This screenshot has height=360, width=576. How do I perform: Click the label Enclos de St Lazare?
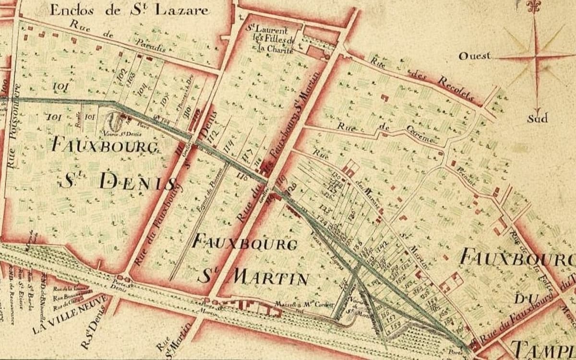tap(129, 10)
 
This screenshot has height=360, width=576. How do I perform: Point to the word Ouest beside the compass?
tap(475, 56)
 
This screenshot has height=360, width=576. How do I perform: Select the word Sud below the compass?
tap(537, 118)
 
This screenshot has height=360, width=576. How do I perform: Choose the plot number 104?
tap(142, 90)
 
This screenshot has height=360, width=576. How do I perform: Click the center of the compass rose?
tap(536, 57)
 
